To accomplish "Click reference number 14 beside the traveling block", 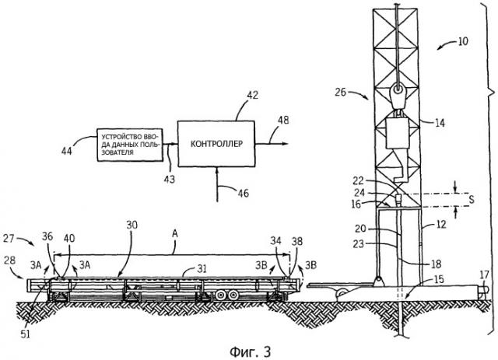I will coord(440,122).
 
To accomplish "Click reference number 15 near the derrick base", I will coord(441,278).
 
